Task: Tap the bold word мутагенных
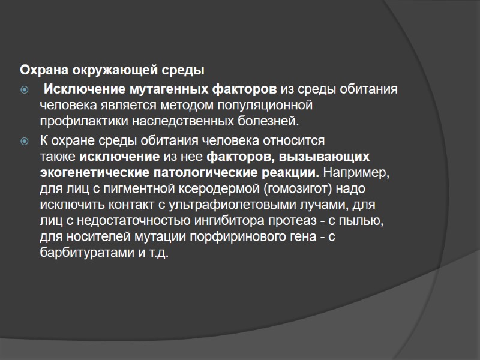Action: click(x=167, y=90)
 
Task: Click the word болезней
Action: click(x=268, y=122)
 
